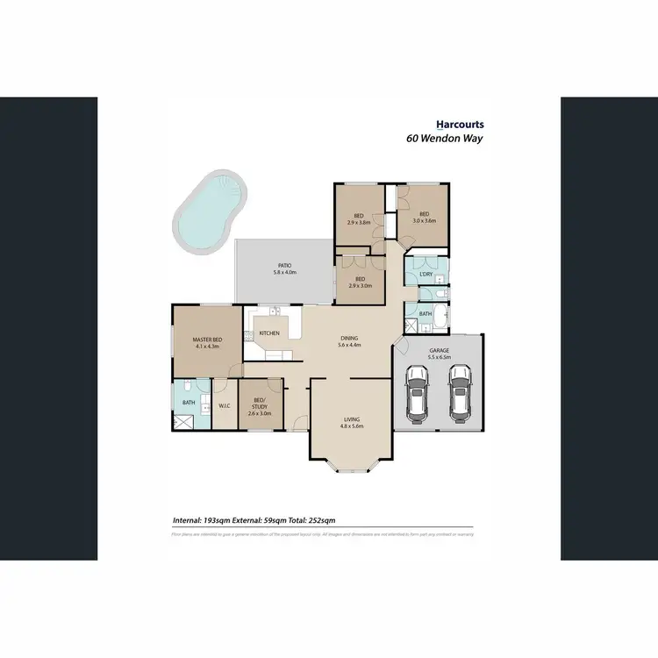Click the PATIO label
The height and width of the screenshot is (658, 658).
[284, 265]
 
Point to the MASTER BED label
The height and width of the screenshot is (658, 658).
[205, 340]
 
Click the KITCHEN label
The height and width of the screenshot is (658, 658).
[268, 333]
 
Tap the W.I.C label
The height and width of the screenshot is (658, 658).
[224, 405]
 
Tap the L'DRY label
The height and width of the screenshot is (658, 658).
[426, 275]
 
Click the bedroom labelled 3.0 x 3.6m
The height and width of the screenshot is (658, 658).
[424, 220]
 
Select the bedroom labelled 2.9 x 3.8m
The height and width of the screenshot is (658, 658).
[359, 221]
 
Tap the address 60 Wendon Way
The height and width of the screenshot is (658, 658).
[445, 139]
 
